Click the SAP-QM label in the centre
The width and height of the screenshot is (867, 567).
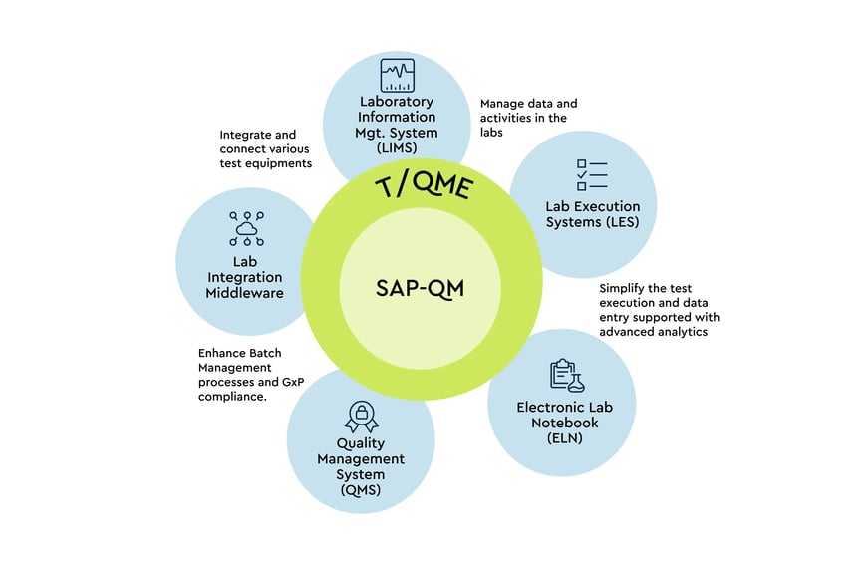421,288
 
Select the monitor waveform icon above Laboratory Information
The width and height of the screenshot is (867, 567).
397,75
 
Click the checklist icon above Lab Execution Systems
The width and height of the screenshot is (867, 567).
592,174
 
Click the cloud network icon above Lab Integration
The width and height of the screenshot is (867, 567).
246,228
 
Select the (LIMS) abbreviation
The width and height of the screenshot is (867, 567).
397,147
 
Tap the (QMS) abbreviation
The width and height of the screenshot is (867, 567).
361,489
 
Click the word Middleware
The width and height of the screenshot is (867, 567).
245,293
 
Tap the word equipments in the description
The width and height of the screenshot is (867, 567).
278,163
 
